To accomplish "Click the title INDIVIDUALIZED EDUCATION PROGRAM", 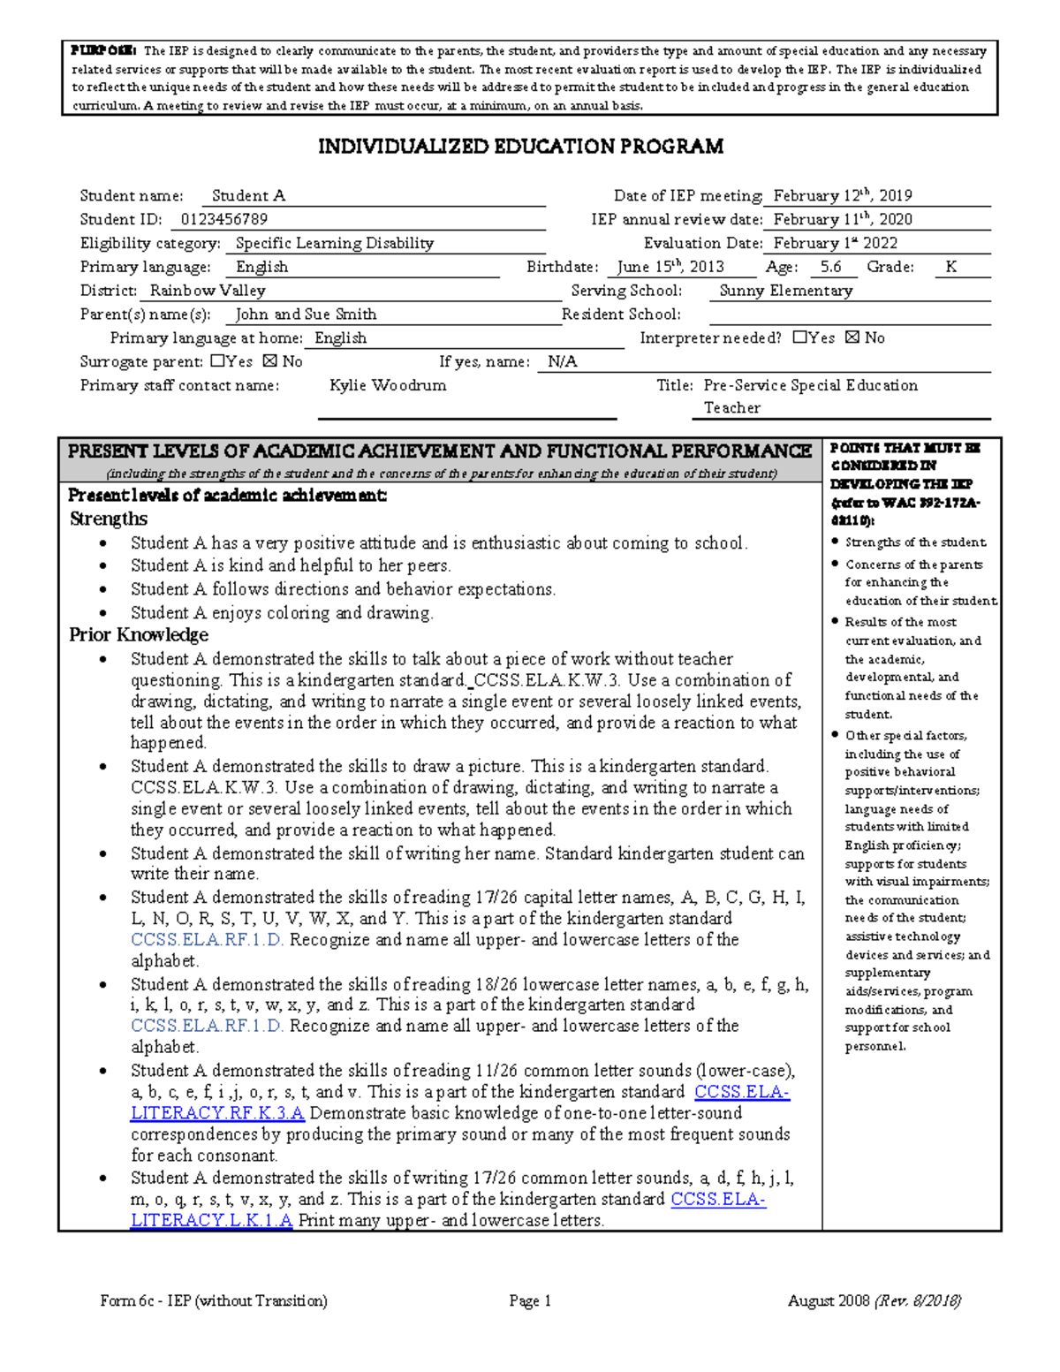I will (520, 147).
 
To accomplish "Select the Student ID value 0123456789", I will (224, 219).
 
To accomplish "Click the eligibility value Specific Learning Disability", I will (334, 243).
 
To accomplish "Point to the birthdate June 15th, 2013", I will (670, 267).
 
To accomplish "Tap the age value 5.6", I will (830, 267).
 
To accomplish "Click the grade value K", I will (950, 267).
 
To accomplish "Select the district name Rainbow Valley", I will (208, 291).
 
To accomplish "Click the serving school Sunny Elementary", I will (785, 291).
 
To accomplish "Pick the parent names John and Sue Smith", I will (306, 315).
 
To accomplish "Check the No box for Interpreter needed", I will (852, 337).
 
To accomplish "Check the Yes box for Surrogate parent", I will (218, 361).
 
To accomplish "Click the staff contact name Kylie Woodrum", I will (388, 385).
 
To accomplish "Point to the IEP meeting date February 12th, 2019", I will (843, 196).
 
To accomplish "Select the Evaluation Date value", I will (835, 243).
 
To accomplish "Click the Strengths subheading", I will (109, 519).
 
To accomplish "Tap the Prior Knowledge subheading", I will (139, 634).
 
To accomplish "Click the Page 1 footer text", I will (530, 1300).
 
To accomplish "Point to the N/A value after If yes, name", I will (562, 361).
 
